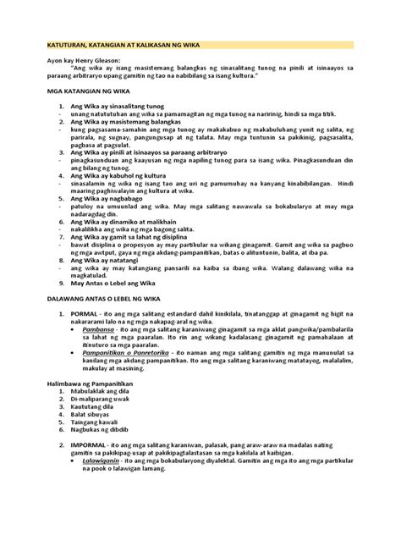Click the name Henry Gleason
pyautogui.click(x=103, y=62)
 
